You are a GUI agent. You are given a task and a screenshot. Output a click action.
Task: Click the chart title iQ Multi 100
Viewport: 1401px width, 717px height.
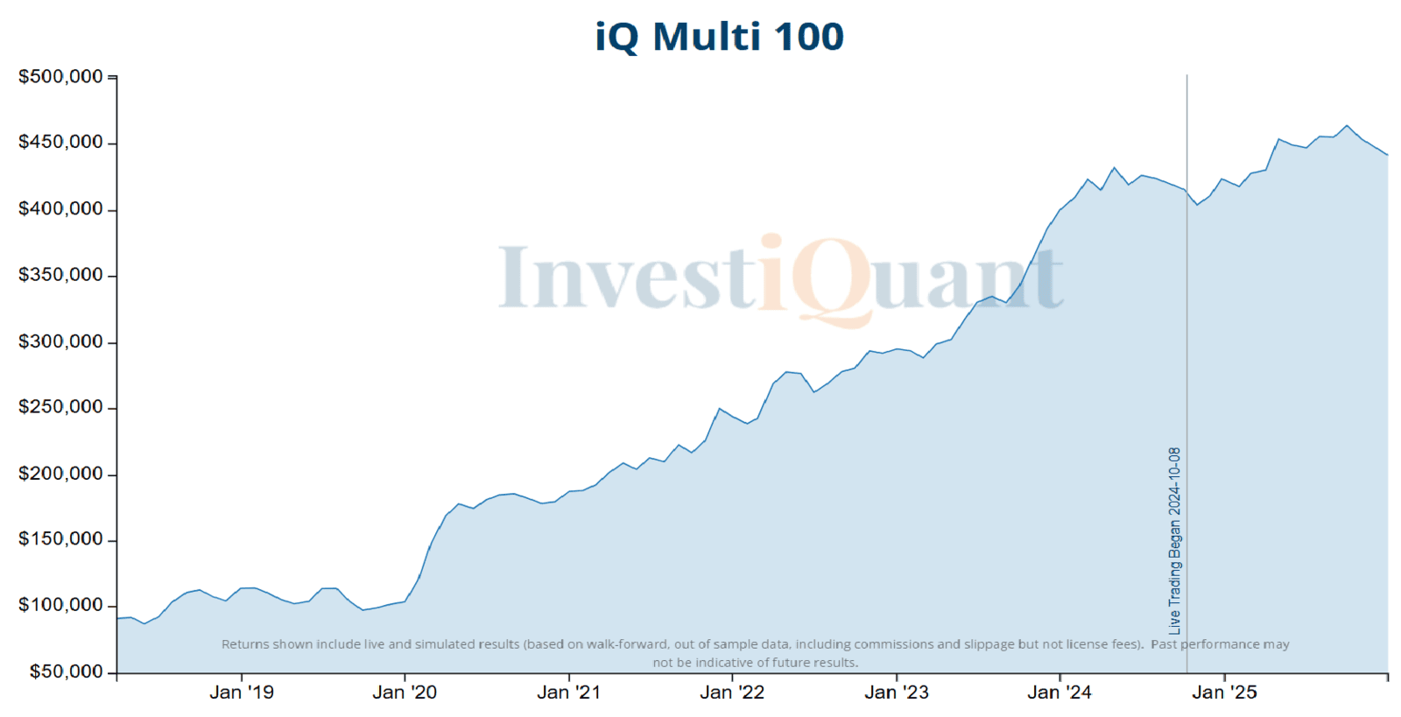[719, 37]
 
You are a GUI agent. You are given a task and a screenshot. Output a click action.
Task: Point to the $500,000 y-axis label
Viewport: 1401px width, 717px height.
[60, 77]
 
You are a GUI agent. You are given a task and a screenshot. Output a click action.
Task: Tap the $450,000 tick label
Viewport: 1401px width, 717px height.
[60, 142]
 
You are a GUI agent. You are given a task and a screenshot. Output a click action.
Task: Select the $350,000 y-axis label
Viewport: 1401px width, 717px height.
[60, 275]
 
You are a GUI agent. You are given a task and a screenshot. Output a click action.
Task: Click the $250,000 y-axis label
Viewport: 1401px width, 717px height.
[60, 407]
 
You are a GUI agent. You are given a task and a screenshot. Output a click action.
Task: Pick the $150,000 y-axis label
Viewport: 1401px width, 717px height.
[60, 539]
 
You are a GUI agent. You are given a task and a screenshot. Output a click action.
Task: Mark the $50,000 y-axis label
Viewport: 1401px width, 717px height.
[66, 671]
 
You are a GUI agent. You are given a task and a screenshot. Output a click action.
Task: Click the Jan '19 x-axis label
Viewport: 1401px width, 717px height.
[242, 692]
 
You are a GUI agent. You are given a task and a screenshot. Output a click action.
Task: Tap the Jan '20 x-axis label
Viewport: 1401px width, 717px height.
[405, 692]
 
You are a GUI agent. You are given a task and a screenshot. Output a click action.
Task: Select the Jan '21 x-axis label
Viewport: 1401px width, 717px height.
[569, 692]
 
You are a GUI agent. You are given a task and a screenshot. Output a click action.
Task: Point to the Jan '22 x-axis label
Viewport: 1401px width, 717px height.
[732, 692]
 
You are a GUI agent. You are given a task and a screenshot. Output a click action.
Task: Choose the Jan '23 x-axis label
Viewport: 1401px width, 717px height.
[897, 692]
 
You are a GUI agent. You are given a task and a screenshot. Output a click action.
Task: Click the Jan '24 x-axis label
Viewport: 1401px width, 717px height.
[1060, 692]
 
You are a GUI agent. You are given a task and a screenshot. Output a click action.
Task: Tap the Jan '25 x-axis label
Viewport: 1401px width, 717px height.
[1224, 692]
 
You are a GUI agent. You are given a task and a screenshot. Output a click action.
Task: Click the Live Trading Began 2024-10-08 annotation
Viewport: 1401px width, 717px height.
[1175, 540]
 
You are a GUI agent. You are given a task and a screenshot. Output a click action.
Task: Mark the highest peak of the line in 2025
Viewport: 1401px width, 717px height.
[1348, 126]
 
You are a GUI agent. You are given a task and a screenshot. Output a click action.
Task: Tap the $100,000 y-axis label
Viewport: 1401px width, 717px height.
[60, 605]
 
